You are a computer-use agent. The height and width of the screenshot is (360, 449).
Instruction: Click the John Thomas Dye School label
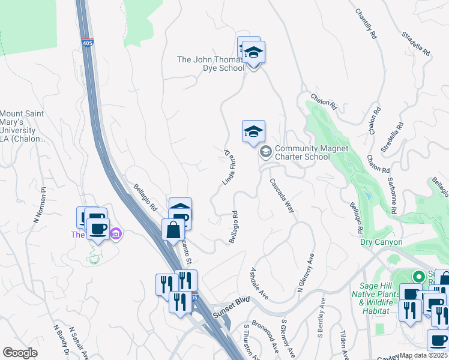tap(210, 64)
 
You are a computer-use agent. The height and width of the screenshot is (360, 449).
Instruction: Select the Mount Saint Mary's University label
tap(23, 126)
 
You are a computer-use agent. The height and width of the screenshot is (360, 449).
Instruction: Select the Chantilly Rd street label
tap(366, 25)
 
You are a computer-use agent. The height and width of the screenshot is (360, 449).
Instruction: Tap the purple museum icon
tap(116, 233)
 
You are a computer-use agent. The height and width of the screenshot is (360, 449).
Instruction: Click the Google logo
tap(20, 353)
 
